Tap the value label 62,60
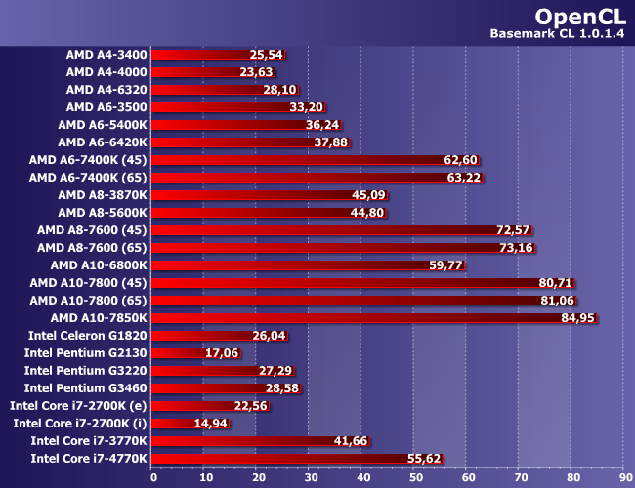[x=460, y=160]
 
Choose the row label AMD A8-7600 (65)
[x=92, y=248]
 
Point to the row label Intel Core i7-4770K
[x=89, y=459]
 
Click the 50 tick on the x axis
[x=414, y=478]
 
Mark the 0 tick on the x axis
[x=153, y=478]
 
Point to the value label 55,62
[x=424, y=459]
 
